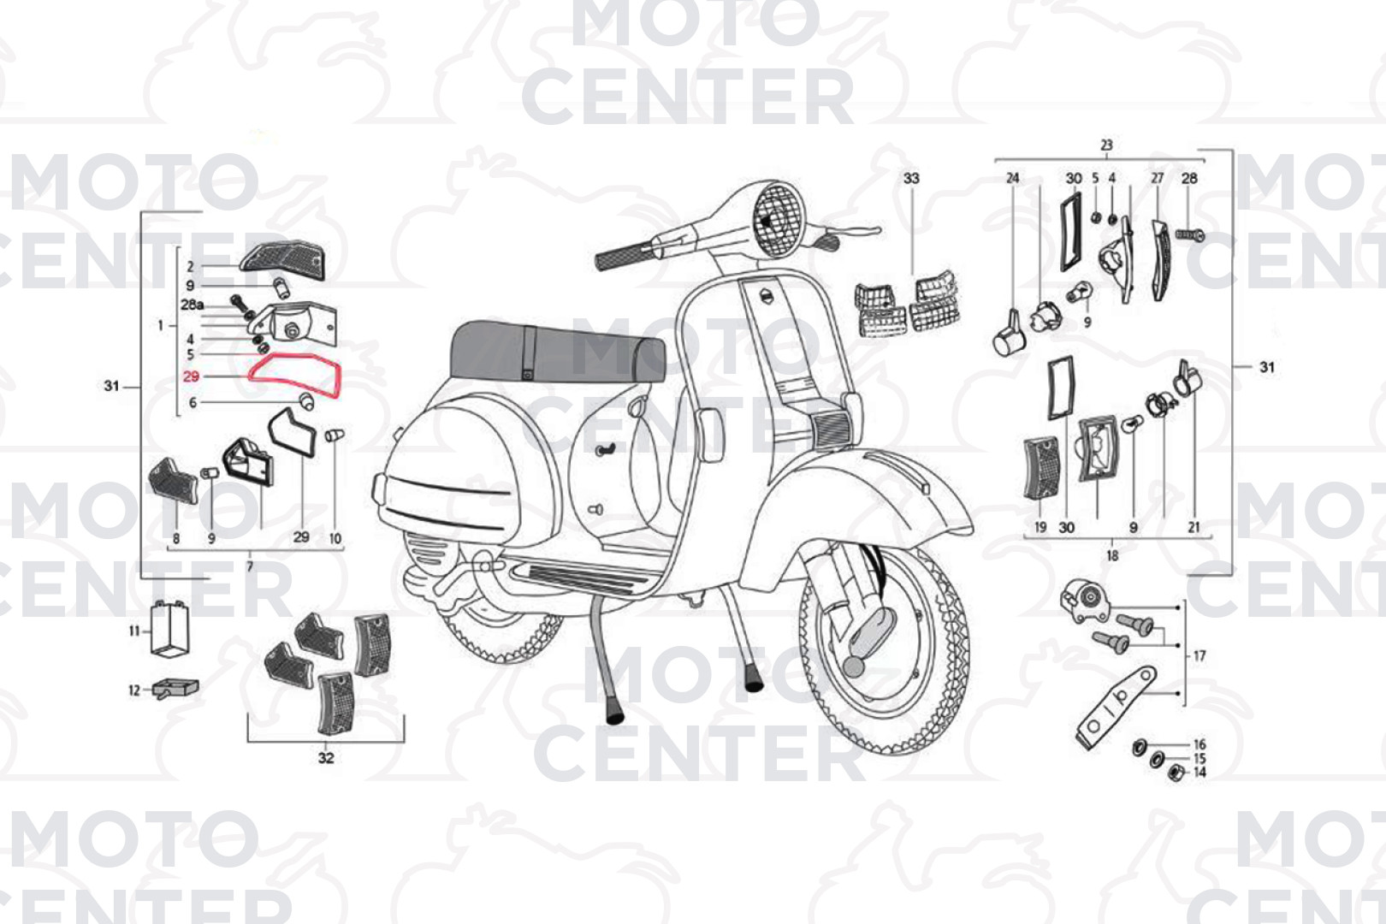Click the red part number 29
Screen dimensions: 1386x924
191,376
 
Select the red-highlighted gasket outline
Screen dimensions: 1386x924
250,375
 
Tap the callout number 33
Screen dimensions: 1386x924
911,179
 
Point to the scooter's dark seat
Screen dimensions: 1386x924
557,352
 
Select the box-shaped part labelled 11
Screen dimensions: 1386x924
169,628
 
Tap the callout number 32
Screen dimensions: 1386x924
326,758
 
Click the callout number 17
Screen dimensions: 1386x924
1199,655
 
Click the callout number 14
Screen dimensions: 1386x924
1199,773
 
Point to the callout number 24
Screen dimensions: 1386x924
1012,178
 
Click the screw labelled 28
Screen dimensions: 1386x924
1189,235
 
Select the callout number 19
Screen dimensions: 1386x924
1040,527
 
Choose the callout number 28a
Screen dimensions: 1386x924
192,305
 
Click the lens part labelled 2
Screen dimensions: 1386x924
282,262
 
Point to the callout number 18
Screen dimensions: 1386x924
1112,556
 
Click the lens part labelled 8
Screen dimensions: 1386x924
174,481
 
